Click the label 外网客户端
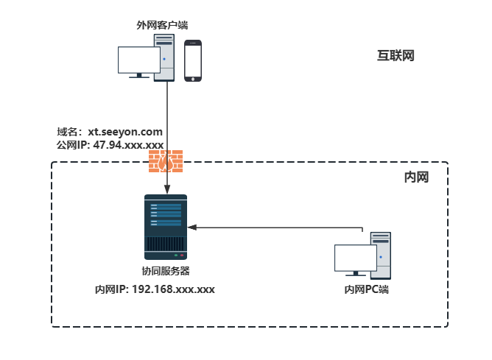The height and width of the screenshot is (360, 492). [158, 25]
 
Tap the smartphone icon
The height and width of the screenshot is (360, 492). [193, 60]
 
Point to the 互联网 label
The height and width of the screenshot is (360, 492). [396, 55]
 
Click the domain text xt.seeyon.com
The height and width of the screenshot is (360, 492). [125, 132]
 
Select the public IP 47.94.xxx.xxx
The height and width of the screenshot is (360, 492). [128, 145]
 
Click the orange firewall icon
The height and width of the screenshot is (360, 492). [166, 161]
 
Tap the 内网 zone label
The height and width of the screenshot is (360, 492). [415, 178]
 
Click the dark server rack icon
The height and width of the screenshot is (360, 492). [166, 224]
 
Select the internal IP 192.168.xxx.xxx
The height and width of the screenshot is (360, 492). [173, 289]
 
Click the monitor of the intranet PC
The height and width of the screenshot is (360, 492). [355, 259]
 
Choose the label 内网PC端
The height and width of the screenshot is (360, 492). [366, 289]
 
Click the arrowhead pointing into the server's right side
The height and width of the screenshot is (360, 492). [193, 227]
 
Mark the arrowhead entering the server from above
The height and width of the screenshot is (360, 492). [168, 187]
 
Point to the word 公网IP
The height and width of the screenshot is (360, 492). [72, 145]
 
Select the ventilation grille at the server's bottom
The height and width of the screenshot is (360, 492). [166, 244]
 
